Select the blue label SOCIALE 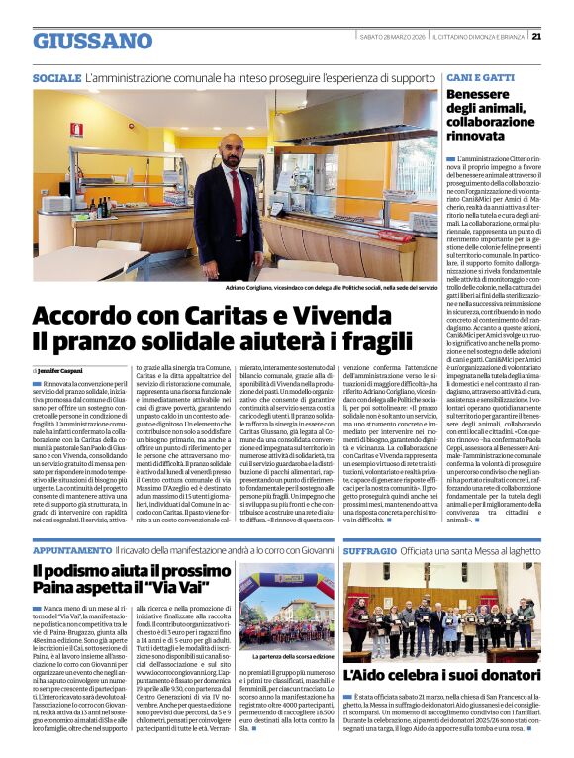click(55, 76)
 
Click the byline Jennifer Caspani click(65, 369)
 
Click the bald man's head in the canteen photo click(234, 147)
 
